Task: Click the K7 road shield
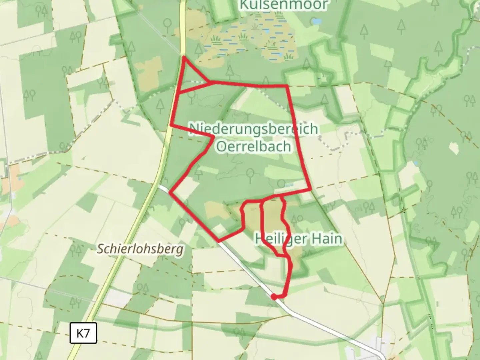click(x=83, y=333)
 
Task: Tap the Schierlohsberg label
click(x=140, y=249)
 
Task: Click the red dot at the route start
click(x=273, y=297)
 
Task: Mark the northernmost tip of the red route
click(x=184, y=57)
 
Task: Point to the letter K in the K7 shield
click(x=80, y=333)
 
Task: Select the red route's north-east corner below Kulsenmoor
click(x=287, y=86)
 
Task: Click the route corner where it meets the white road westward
click(x=171, y=192)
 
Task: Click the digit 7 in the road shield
click(x=87, y=333)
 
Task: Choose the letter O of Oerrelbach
click(x=222, y=146)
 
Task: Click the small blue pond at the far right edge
click(x=416, y=163)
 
